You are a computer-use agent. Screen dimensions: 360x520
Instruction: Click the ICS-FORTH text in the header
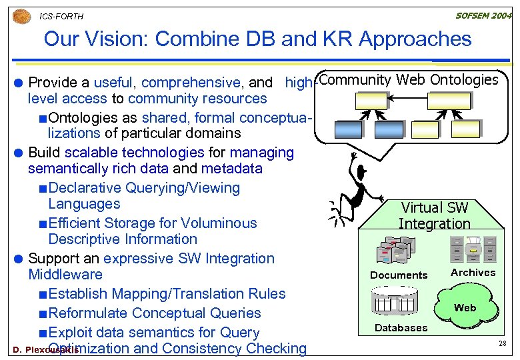tap(61, 16)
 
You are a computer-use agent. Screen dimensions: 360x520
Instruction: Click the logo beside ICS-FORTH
tap(21, 15)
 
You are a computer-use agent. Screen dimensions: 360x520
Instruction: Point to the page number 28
tap(503, 343)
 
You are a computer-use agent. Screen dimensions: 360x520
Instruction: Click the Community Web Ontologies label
tap(408, 80)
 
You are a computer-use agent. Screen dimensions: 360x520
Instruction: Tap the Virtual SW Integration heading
tap(434, 216)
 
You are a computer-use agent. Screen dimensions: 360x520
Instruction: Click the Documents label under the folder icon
tap(399, 275)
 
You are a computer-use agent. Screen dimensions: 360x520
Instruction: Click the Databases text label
tap(401, 327)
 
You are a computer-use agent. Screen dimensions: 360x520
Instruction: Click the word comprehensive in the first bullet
tap(191, 83)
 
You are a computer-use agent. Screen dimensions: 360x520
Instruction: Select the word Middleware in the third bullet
tap(65, 275)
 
